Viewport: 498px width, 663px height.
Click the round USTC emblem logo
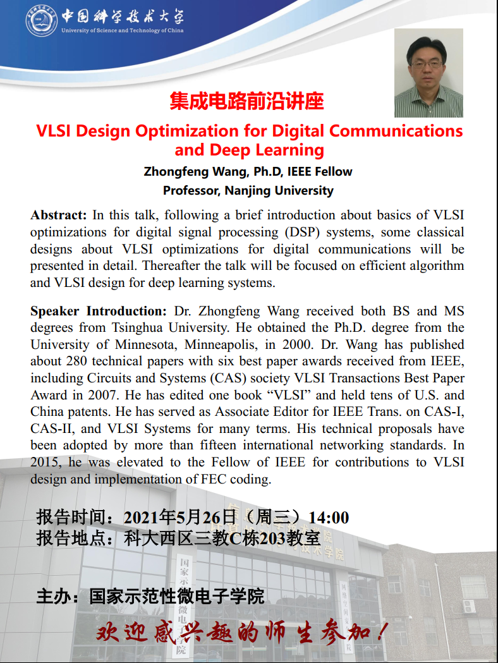pos(41,20)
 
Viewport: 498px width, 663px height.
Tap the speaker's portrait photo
pos(428,73)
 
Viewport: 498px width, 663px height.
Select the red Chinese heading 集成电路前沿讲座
pos(246,101)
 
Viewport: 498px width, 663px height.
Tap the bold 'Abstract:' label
pos(58,216)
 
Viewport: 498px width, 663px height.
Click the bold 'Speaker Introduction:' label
pos(98,311)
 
